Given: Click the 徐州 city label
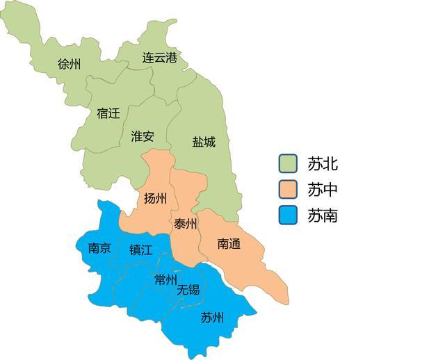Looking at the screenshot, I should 70,65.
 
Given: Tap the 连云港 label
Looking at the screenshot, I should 160,58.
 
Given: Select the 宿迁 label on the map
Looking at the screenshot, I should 108,113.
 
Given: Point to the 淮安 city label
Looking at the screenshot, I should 143,136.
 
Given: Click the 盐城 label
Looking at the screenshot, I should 204,142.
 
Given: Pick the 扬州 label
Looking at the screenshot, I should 155,199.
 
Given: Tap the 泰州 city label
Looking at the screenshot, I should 186,224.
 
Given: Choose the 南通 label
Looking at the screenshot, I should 229,243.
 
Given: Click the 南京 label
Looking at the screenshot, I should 99,248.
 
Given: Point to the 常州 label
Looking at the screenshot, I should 165,280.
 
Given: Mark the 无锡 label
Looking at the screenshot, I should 188,289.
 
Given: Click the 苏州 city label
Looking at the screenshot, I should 212,318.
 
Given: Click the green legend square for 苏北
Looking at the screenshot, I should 288,163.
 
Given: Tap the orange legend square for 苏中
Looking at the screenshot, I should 288,189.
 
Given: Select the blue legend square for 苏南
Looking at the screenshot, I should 288,215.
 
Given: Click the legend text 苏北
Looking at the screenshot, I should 323,164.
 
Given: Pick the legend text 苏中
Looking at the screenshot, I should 323,190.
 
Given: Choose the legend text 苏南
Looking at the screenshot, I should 323,215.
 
